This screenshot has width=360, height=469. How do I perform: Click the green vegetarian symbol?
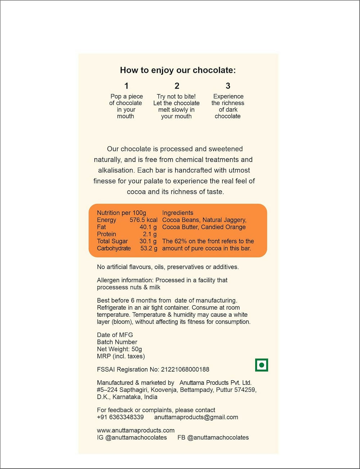[x=261, y=365]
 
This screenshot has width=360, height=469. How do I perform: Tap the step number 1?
[x=126, y=86]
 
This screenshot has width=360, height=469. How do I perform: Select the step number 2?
[x=177, y=86]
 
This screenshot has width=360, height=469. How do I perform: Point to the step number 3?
[x=228, y=86]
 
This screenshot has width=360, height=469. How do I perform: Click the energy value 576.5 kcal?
[x=143, y=220]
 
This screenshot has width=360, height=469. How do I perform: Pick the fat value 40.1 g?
[x=148, y=227]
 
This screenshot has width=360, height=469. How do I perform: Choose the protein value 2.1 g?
[x=149, y=234]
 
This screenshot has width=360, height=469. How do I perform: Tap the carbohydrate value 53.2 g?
[x=148, y=248]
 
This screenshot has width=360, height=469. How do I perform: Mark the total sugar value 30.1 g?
[x=148, y=241]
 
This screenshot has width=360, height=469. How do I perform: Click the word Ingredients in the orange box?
[x=177, y=213]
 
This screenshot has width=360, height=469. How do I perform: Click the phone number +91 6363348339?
[x=120, y=417]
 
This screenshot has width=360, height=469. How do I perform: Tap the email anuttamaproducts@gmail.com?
[x=196, y=417]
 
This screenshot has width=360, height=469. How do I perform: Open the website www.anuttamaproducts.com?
[x=136, y=430]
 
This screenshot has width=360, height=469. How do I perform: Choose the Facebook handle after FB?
[x=218, y=437]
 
